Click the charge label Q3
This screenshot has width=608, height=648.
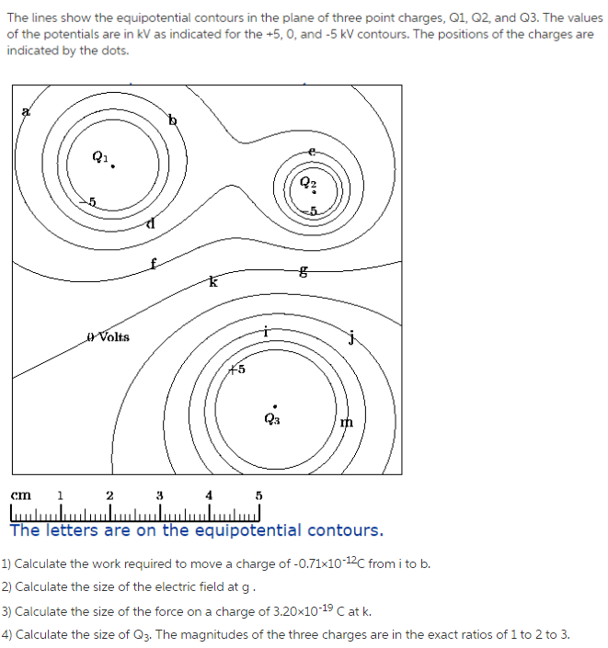[271, 418]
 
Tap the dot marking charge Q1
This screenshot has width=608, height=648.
[114, 166]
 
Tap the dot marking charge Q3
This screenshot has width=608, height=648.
[274, 405]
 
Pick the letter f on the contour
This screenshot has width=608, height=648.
[154, 264]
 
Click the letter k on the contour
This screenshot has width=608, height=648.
[212, 282]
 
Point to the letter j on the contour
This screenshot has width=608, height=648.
[350, 337]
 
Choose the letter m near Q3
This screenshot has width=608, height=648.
[346, 421]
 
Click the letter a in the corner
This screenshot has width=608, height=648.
[26, 111]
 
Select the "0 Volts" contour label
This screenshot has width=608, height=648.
[108, 337]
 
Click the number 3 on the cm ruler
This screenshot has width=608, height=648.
[160, 495]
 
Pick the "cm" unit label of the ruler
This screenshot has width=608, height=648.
[20, 495]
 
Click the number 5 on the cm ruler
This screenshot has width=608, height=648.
[259, 495]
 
